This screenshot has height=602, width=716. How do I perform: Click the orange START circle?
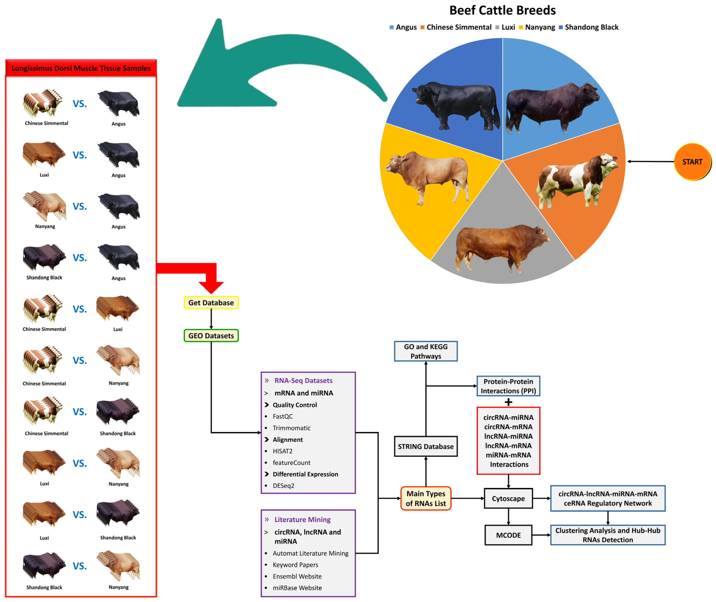tap(692, 162)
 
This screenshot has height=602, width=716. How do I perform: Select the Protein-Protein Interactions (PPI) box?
tap(508, 386)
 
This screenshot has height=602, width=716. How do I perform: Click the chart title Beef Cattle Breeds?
tap(502, 10)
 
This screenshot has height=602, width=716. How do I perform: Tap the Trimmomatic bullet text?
tap(291, 428)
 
